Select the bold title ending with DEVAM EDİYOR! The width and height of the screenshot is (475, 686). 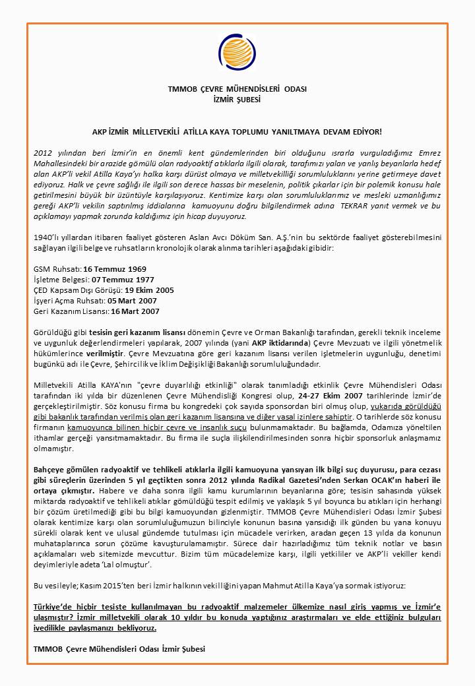click(x=237, y=133)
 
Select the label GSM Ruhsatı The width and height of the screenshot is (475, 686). click(x=57, y=269)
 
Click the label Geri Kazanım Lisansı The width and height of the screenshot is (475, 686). click(x=71, y=311)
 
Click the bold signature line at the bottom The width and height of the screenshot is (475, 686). click(x=119, y=648)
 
